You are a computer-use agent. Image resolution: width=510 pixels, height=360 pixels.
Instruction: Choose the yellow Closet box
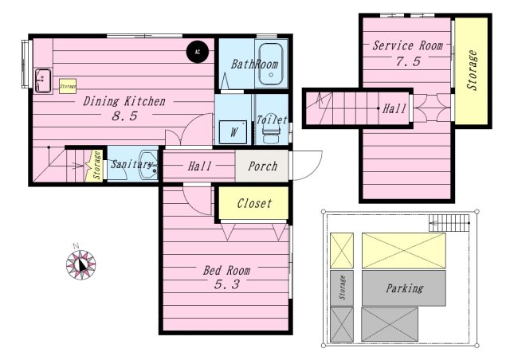click(x=254, y=203)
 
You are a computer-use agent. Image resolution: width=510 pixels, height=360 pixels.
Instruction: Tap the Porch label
click(x=263, y=166)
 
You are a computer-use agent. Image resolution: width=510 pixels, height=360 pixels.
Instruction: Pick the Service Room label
click(x=406, y=45)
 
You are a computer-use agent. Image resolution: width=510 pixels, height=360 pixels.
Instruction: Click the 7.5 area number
click(x=407, y=62)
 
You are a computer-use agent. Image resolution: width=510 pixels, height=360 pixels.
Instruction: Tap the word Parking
click(x=404, y=288)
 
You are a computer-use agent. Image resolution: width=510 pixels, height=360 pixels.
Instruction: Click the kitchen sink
click(x=43, y=80)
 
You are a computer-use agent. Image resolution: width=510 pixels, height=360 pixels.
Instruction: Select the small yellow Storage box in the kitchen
click(x=68, y=86)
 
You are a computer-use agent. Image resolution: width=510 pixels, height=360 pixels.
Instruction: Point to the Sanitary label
click(x=131, y=164)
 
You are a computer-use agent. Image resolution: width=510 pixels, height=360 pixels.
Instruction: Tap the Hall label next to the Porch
click(x=199, y=166)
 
